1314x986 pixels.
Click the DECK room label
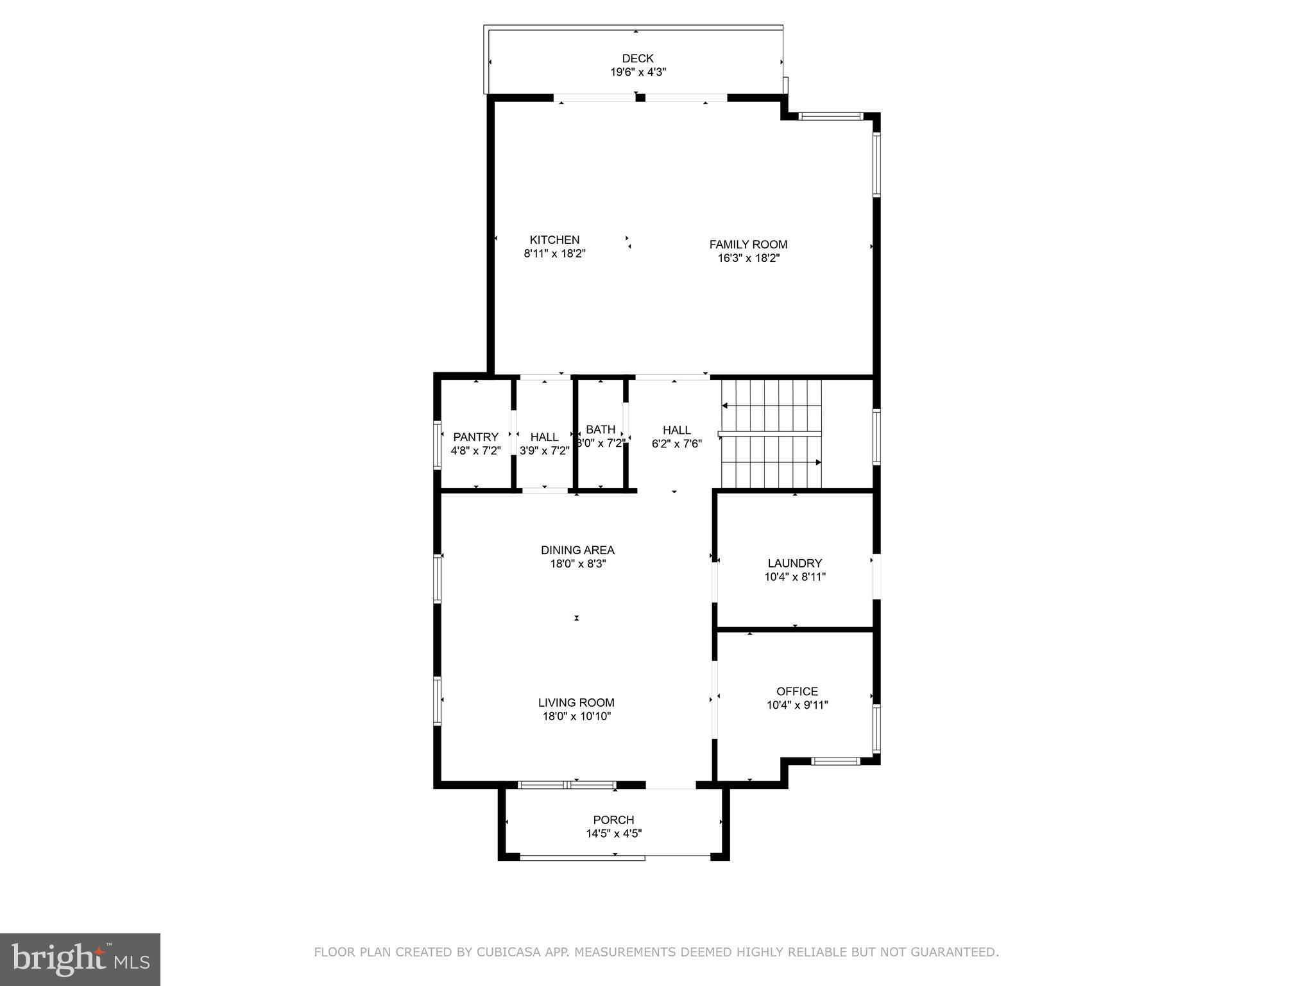click(637, 58)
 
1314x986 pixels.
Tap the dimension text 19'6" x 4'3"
click(637, 73)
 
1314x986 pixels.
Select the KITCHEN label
click(554, 240)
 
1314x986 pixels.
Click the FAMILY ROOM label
click(748, 245)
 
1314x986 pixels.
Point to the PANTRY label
click(475, 437)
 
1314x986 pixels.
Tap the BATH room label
click(601, 429)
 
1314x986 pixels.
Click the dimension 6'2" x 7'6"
click(676, 444)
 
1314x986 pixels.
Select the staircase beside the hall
click(771, 434)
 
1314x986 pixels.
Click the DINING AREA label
click(577, 550)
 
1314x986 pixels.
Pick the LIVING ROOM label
click(576, 703)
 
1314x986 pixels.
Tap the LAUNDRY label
click(794, 564)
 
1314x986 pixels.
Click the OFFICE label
click(797, 691)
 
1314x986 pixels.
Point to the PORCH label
click(613, 820)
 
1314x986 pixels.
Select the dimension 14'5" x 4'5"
click(613, 834)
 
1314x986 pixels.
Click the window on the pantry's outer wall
click(438, 445)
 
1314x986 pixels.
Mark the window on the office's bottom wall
click(835, 761)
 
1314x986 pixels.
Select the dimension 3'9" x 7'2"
click(544, 451)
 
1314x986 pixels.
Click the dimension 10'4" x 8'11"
click(794, 577)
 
